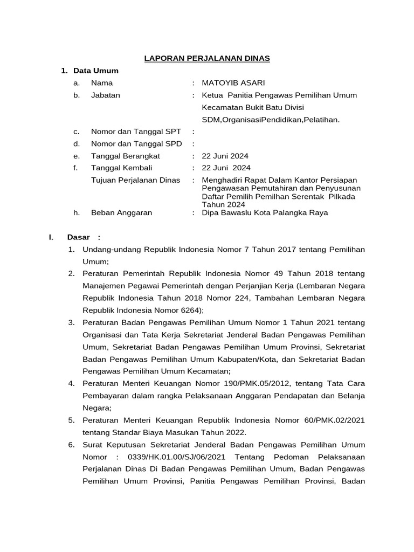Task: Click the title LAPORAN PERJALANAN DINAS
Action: [207, 58]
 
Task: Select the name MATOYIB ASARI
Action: [233, 83]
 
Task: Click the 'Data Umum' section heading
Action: [96, 71]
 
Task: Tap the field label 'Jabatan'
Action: [106, 95]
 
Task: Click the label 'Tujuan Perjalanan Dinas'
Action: [135, 180]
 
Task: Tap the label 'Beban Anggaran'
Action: [121, 213]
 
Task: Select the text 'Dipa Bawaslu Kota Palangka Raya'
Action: [264, 213]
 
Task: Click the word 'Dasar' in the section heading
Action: [78, 237]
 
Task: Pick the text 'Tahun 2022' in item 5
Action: [226, 432]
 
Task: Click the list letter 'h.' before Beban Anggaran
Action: [77, 213]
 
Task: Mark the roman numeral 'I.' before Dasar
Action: [51, 237]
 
